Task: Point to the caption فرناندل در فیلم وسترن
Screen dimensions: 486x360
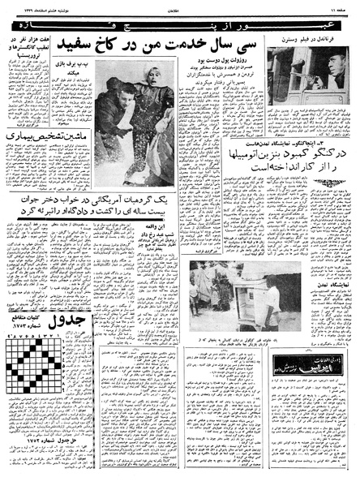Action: point(313,38)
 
